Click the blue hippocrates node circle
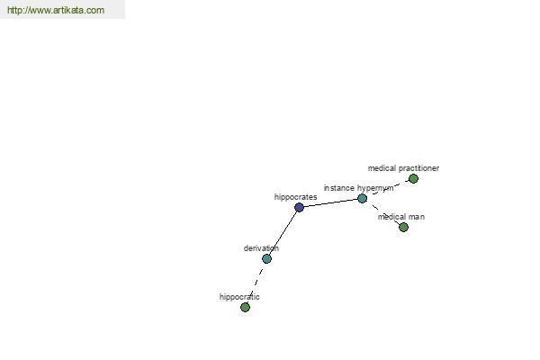(x=300, y=207)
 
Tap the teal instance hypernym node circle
(x=363, y=198)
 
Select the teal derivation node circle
(x=267, y=258)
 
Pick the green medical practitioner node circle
(x=413, y=178)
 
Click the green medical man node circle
(x=403, y=227)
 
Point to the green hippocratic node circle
(x=245, y=307)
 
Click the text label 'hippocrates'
(x=295, y=197)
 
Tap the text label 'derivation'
(x=261, y=248)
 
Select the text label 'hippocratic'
(x=239, y=297)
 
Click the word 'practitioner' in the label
(x=419, y=168)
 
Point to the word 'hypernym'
(x=375, y=188)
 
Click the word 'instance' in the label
(x=339, y=188)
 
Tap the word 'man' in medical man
(x=418, y=217)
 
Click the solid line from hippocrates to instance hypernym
(x=330, y=202)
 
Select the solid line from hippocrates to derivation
(x=283, y=233)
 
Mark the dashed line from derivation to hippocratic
(x=256, y=283)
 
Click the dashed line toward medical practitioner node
(x=388, y=188)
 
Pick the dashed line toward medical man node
(x=383, y=212)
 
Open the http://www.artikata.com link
(x=56, y=10)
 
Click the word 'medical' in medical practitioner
(x=382, y=168)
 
